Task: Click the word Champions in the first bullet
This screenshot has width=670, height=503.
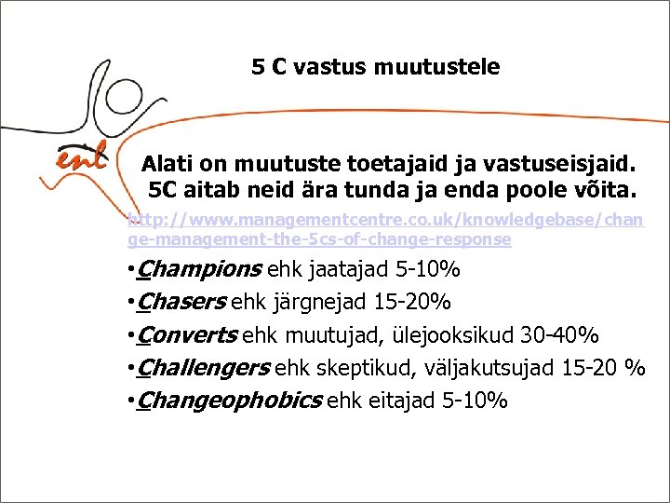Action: click(x=198, y=270)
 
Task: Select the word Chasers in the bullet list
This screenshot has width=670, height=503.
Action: click(x=181, y=303)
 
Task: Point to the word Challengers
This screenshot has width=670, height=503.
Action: click(x=202, y=368)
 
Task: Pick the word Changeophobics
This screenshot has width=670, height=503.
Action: click(x=229, y=401)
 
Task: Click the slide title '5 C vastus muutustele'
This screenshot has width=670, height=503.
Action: click(x=375, y=67)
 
